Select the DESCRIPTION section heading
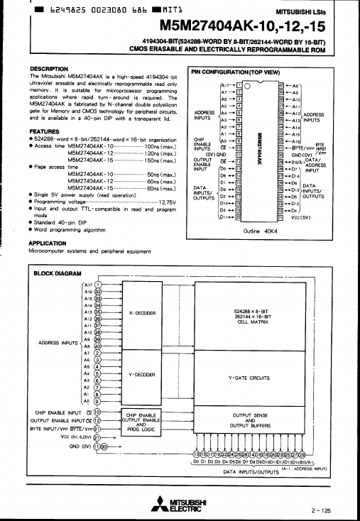49,69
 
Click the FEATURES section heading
44,131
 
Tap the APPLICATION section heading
48,242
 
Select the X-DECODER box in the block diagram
142,312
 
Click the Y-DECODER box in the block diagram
142,374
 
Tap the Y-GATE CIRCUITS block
249,378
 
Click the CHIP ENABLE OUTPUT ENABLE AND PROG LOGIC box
141,421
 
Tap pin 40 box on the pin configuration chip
281,84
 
